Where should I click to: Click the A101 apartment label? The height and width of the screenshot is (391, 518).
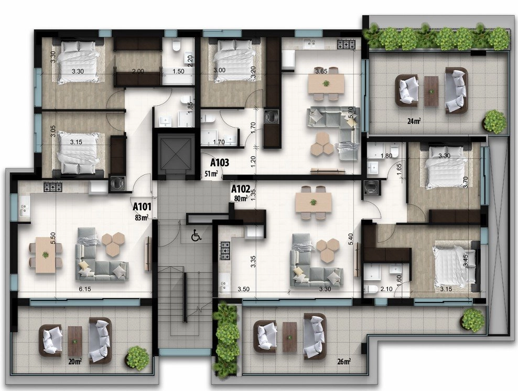point(142,207)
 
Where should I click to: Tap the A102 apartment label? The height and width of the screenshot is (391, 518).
point(241,189)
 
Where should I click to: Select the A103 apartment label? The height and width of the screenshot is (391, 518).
point(220,162)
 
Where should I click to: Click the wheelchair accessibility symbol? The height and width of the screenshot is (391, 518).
point(197,236)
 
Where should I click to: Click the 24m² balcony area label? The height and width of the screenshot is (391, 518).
point(414,121)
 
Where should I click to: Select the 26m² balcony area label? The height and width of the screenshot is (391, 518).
point(344,362)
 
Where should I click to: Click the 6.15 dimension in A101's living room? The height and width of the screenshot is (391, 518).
point(85,289)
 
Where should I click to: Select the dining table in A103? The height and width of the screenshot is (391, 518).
point(326,83)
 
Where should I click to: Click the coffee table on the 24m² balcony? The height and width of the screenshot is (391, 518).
point(431,91)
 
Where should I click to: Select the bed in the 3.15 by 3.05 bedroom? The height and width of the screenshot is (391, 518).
point(79,153)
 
